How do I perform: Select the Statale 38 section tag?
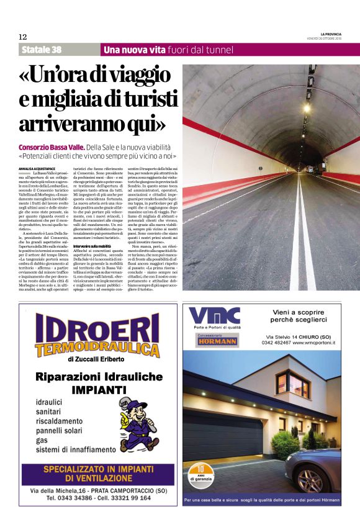click(42, 50)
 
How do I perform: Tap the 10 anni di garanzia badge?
click(200, 474)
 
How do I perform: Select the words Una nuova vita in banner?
click(134, 50)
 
